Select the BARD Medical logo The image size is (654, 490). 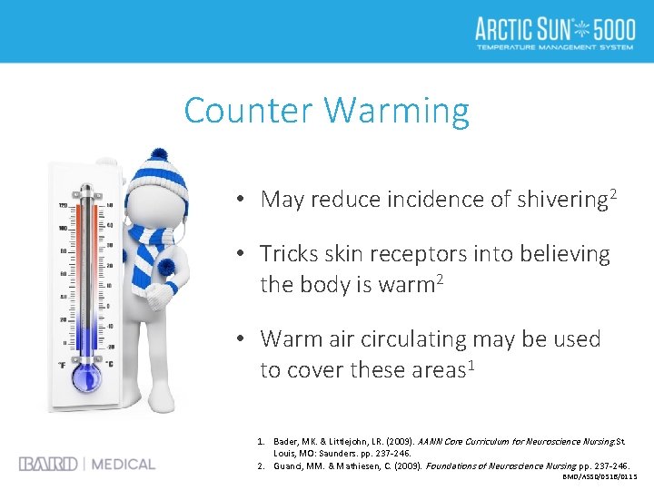tap(87, 464)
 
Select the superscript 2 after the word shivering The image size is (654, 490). tap(614, 192)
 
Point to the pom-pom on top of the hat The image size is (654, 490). tap(158, 155)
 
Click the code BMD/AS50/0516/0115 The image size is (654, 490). tap(600, 476)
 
